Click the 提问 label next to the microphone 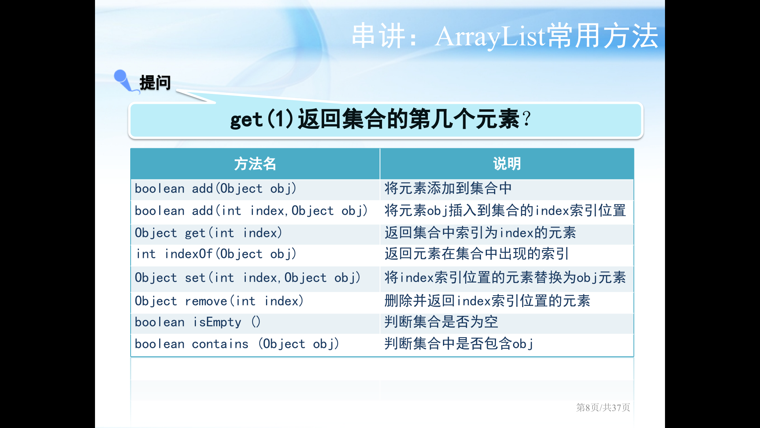click(155, 83)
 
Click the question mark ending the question click(526, 119)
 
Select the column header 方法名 click(255, 164)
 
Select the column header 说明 click(507, 164)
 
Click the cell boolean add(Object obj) click(215, 189)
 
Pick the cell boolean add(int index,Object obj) click(251, 211)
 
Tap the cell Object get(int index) click(208, 233)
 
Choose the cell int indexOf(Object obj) click(216, 254)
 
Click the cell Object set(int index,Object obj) click(247, 278)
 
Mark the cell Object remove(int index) click(219, 301)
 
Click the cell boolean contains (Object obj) click(237, 344)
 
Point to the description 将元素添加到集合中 click(448, 188)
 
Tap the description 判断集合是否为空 click(441, 322)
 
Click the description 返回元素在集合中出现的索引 click(477, 254)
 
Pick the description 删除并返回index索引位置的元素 click(487, 301)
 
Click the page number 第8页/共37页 click(603, 407)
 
